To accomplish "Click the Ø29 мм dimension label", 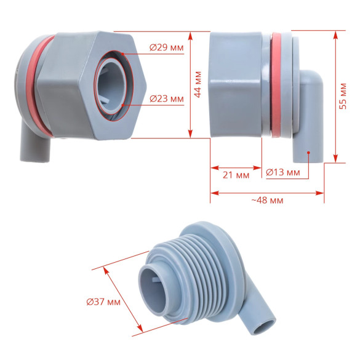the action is point(166,47).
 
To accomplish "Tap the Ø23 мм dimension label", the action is point(166,98).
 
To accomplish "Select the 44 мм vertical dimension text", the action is point(198,84).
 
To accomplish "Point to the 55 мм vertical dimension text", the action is point(343,96).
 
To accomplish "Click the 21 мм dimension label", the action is point(236,175).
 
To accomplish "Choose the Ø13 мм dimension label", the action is point(283,172).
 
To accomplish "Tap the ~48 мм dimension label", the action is point(267,200).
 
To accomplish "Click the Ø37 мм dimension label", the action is point(103,302).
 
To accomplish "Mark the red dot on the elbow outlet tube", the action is point(308,153).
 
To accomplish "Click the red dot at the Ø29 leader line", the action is point(123,54).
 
